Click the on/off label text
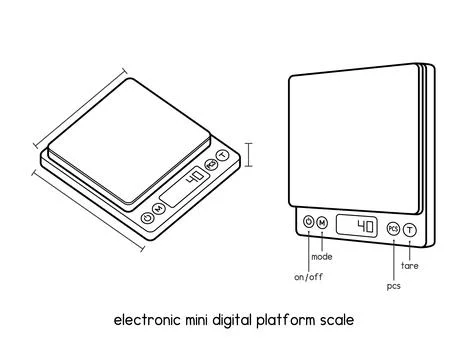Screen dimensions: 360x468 [306, 276]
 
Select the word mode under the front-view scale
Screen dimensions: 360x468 [322, 257]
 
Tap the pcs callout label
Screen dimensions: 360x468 [393, 286]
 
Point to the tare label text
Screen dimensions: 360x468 [409, 266]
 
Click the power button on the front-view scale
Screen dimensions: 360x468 [307, 223]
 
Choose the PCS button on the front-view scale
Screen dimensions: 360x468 [393, 229]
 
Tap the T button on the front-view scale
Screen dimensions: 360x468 [409, 230]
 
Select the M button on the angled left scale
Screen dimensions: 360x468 [159, 208]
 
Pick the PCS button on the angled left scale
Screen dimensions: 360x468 [211, 165]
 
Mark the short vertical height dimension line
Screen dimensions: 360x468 [249, 154]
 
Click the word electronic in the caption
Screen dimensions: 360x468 [146, 321]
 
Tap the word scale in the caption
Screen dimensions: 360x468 [338, 321]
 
